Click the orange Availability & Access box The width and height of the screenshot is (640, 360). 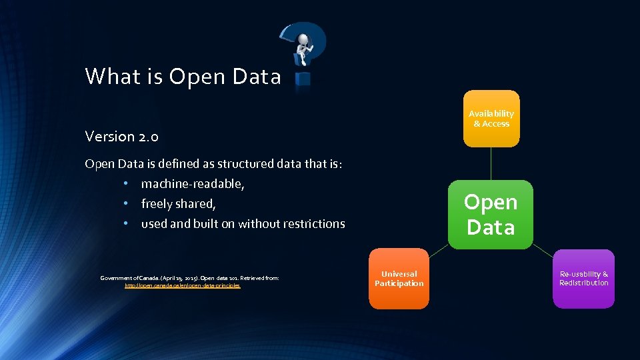click(491, 119)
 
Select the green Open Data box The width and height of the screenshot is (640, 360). click(491, 215)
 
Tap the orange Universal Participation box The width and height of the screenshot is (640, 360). click(399, 279)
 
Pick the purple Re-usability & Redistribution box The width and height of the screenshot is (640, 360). click(583, 279)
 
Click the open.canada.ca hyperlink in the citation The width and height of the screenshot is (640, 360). click(183, 285)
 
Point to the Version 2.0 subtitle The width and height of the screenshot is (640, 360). click(121, 137)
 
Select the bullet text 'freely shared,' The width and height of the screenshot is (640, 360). click(178, 204)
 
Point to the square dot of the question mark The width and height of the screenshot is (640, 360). click(303, 79)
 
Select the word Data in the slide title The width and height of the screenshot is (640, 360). click(257, 77)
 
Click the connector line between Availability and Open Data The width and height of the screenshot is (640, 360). click(491, 163)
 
